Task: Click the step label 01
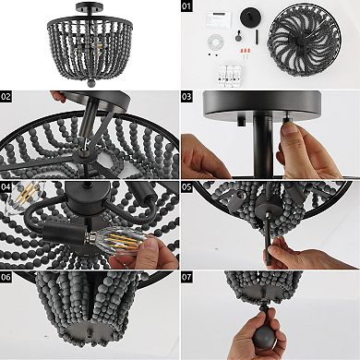[186, 6]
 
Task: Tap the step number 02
[6, 97]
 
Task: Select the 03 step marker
[186, 97]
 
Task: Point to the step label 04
[6, 186]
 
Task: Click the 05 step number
[186, 186]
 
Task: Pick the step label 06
[6, 277]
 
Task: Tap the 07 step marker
[186, 277]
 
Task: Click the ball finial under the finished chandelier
[91, 83]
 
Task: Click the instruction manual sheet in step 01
[219, 18]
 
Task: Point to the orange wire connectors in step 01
[246, 50]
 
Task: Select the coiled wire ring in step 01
[215, 42]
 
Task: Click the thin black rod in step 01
[257, 37]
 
